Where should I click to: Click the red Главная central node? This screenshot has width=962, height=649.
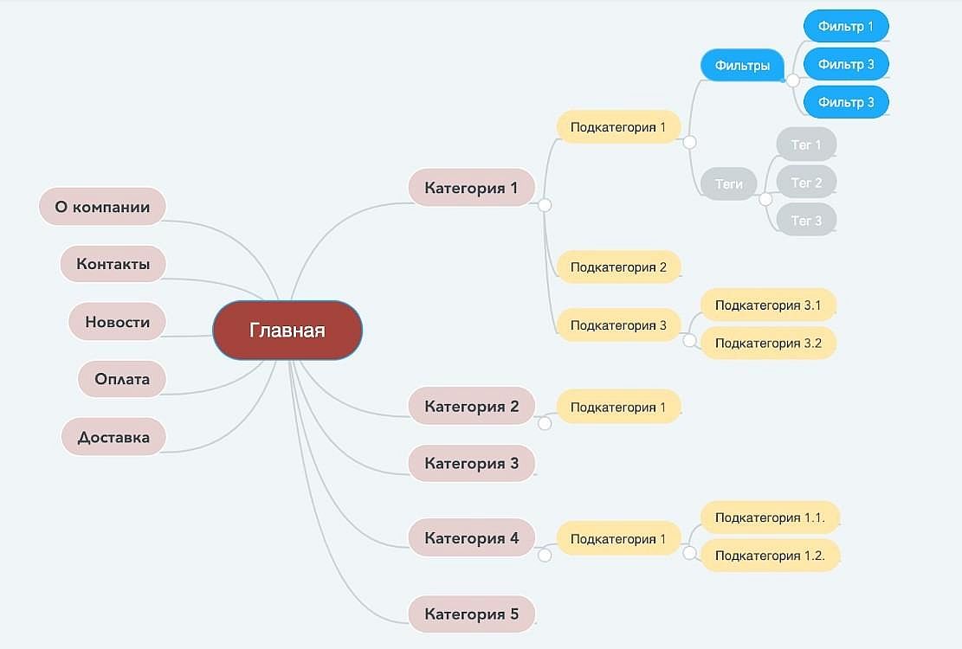pos(287,330)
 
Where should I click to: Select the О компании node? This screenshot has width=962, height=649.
pos(102,207)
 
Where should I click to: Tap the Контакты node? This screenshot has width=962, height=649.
pos(113,264)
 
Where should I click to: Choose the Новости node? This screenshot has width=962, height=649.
pos(117,321)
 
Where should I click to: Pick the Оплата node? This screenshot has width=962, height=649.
pos(122,379)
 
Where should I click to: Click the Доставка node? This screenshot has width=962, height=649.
pos(113,436)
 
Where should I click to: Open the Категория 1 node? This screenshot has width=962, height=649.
pos(471,187)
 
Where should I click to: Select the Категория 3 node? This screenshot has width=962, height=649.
pos(471,463)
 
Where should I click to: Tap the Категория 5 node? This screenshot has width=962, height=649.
pos(471,614)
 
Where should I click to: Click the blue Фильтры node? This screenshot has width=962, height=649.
pos(742,65)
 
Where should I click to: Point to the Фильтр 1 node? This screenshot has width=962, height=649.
pos(846,26)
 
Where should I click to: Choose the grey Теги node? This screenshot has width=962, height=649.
pos(729,183)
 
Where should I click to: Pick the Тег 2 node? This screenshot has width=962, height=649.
pos(806,182)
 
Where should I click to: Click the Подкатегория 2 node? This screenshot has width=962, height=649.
pos(618,267)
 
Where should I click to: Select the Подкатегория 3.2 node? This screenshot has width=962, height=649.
pos(768,343)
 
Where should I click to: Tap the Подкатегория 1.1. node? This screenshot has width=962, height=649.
pos(770,517)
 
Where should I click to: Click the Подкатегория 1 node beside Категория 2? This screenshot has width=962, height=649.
pos(618,407)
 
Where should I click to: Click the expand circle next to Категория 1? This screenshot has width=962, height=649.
pos(544,205)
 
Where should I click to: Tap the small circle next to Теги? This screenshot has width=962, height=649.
pos(765,199)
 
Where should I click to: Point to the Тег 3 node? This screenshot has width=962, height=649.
pos(806,220)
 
